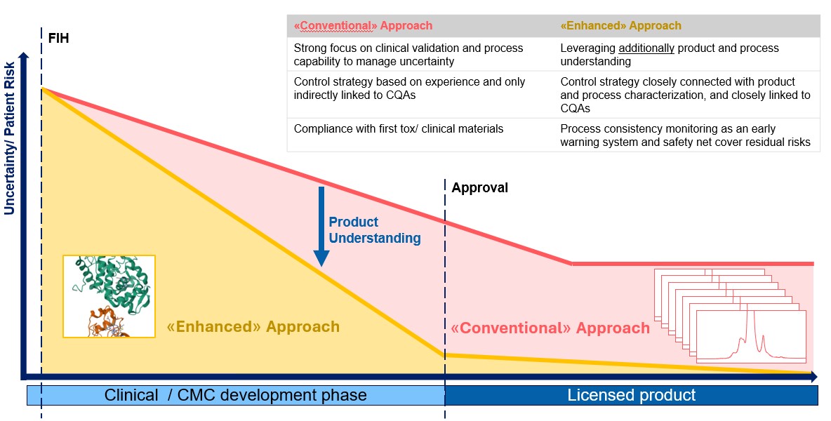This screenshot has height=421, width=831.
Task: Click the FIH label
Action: (58, 38)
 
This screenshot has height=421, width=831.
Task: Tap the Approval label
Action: (479, 188)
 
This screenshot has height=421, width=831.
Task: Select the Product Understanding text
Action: (375, 230)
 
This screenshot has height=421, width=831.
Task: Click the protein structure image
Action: (109, 297)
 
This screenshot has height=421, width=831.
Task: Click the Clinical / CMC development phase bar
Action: (236, 395)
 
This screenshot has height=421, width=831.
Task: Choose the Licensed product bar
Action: (631, 395)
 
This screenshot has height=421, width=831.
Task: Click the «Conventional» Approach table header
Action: (363, 25)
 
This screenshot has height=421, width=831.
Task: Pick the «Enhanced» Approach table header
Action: (620, 25)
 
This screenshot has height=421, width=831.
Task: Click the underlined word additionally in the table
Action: (646, 48)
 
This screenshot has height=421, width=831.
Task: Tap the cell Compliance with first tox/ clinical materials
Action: (399, 128)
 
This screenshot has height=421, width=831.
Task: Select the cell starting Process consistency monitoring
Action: (685, 135)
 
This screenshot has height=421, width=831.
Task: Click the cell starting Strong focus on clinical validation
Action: (408, 55)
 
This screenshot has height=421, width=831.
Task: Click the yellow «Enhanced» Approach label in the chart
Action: (253, 327)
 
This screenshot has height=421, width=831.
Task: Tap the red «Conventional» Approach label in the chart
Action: (550, 328)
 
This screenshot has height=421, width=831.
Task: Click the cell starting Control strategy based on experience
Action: (409, 88)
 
